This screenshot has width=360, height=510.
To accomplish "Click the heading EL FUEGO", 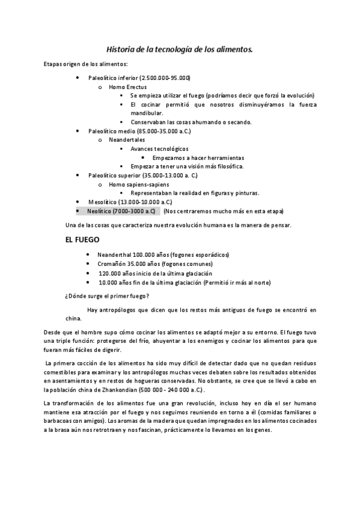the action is pos(83,239).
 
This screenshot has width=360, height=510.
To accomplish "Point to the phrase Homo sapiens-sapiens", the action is pos(139,184).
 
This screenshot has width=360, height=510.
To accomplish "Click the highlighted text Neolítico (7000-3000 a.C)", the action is pos(121,211).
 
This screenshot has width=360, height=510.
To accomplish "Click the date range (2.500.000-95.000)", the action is pos(165,78).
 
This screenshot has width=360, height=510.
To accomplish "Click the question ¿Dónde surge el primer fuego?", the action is pos(107,295).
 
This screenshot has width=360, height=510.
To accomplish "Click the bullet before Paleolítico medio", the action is pos(78,131).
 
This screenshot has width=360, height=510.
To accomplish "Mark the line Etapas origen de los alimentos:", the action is pos(85,64).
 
